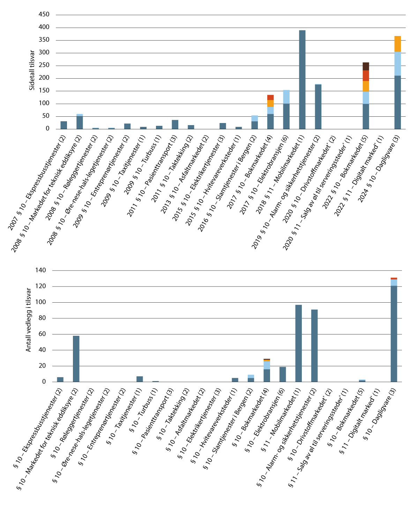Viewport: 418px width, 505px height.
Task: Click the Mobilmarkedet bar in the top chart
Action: click(302, 80)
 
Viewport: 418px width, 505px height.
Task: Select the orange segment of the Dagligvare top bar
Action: click(397, 44)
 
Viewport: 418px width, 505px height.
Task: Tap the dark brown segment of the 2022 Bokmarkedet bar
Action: click(366, 66)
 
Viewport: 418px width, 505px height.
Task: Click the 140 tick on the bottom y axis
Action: click(41, 270)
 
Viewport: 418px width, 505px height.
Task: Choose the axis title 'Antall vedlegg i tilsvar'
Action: click(29, 320)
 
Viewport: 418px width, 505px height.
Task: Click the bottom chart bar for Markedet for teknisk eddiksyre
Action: click(76, 359)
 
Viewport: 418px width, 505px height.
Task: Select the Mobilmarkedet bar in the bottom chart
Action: click(299, 343)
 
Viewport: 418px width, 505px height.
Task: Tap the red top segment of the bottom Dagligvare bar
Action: click(394, 279)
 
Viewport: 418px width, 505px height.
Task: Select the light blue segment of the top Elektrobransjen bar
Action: click(286, 97)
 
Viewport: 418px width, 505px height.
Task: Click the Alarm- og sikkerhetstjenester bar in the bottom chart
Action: click(314, 346)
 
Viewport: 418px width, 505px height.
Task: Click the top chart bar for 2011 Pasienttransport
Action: click(175, 124)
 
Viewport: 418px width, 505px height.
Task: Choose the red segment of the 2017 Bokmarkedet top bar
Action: click(270, 98)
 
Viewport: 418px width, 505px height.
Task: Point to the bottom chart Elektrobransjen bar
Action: click(283, 374)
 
